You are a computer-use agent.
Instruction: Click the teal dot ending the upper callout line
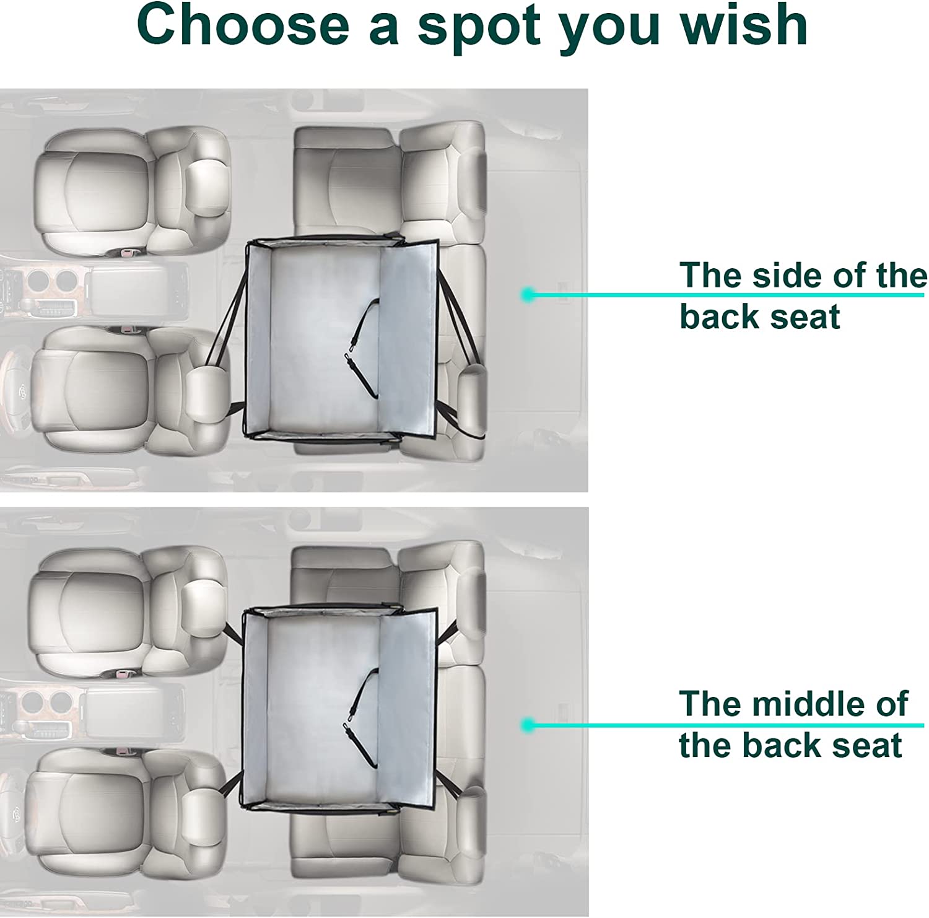[x=528, y=295]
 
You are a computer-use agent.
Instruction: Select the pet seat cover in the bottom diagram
[x=340, y=707]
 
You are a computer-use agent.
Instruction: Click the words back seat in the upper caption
[x=760, y=316]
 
